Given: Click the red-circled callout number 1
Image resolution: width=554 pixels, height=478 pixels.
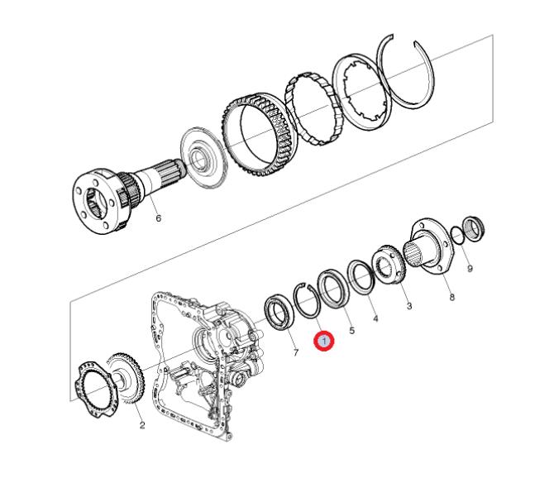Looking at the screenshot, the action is [324, 342].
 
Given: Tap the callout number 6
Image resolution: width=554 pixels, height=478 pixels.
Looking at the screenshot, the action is [158, 218].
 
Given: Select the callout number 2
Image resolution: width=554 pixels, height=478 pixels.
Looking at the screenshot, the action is [141, 425].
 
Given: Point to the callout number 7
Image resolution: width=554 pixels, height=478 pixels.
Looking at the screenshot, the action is [296, 352].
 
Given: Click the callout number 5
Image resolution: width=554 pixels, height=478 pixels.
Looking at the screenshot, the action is [352, 331].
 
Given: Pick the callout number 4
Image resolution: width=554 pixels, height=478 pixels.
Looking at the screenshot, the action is [375, 318].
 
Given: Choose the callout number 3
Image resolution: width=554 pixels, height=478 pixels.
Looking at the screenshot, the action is [408, 306].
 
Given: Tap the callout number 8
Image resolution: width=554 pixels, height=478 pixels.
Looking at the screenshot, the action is [452, 297].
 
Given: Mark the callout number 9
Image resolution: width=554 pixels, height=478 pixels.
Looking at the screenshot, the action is [470, 269].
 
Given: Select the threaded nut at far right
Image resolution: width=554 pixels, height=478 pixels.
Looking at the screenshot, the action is [474, 228].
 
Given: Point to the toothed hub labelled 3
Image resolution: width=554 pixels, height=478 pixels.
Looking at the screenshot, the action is [389, 263].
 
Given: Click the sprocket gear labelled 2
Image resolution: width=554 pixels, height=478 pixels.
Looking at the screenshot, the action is [127, 378].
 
